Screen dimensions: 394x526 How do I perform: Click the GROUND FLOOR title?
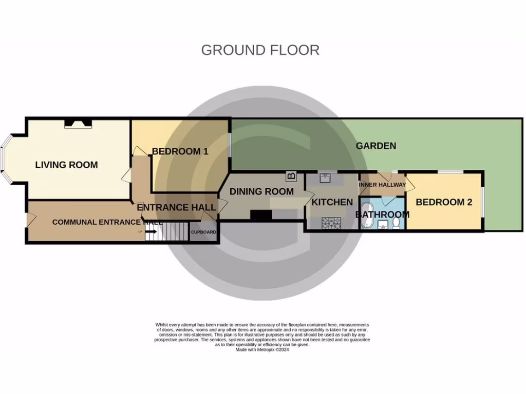260,50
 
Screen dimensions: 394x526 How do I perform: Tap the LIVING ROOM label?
66,165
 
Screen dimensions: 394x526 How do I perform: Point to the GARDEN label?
376,146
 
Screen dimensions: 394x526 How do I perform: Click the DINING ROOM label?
261,191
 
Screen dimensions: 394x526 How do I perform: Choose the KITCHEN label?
332,202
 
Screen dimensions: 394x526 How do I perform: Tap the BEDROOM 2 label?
444,202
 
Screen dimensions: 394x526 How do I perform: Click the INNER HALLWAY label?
382,185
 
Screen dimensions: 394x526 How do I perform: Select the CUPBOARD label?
203,232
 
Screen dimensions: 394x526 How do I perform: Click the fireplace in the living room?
78,123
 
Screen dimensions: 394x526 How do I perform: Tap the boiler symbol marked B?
291,176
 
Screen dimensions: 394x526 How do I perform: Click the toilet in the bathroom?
396,223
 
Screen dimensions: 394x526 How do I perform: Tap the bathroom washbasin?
383,225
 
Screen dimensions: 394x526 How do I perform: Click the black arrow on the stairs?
152,232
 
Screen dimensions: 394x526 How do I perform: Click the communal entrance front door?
29,221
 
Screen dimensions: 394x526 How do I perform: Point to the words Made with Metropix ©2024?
262,350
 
